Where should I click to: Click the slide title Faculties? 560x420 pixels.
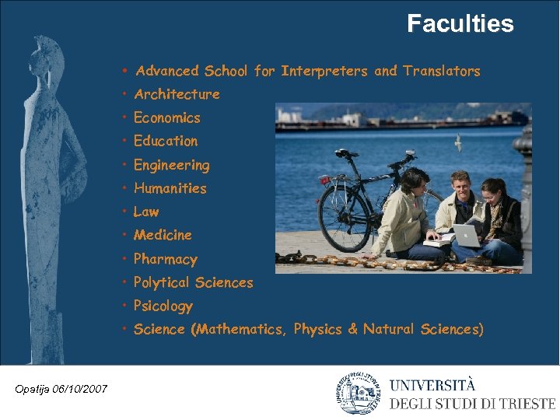click(460, 24)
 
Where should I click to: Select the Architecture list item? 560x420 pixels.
click(177, 94)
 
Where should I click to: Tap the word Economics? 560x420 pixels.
click(166, 118)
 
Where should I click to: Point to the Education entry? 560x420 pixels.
click(166, 141)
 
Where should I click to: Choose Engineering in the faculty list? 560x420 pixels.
click(171, 165)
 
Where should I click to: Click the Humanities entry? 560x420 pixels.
click(170, 188)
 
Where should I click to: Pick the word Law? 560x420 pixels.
click(146, 212)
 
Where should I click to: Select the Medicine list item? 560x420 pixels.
click(163, 235)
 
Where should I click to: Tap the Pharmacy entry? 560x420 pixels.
click(165, 259)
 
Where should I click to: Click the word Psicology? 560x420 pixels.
click(163, 306)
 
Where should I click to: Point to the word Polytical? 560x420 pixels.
click(161, 283)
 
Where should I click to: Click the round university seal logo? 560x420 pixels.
click(358, 394)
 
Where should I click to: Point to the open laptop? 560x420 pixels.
click(467, 236)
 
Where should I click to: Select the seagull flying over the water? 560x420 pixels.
click(459, 142)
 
